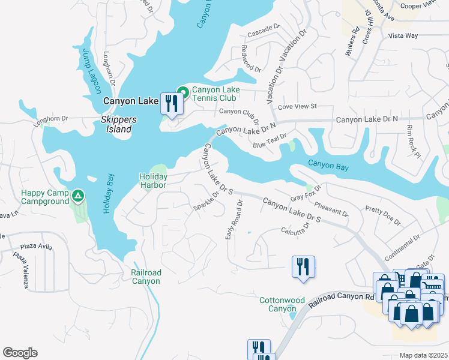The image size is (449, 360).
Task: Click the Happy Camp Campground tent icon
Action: [77, 196]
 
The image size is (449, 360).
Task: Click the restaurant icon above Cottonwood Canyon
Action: [303, 266]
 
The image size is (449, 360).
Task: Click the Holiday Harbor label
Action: [153, 181]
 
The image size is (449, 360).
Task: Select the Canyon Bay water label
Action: [328, 164]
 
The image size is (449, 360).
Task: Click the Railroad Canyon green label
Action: [146, 277]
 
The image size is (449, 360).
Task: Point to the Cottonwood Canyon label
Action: [282, 304]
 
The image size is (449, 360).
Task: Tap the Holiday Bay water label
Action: [109, 194]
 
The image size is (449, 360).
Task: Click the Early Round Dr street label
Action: [234, 220]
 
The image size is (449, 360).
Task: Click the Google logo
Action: [20, 353]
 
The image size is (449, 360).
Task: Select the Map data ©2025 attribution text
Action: [423, 355]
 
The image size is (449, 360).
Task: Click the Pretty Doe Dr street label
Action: [382, 216]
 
